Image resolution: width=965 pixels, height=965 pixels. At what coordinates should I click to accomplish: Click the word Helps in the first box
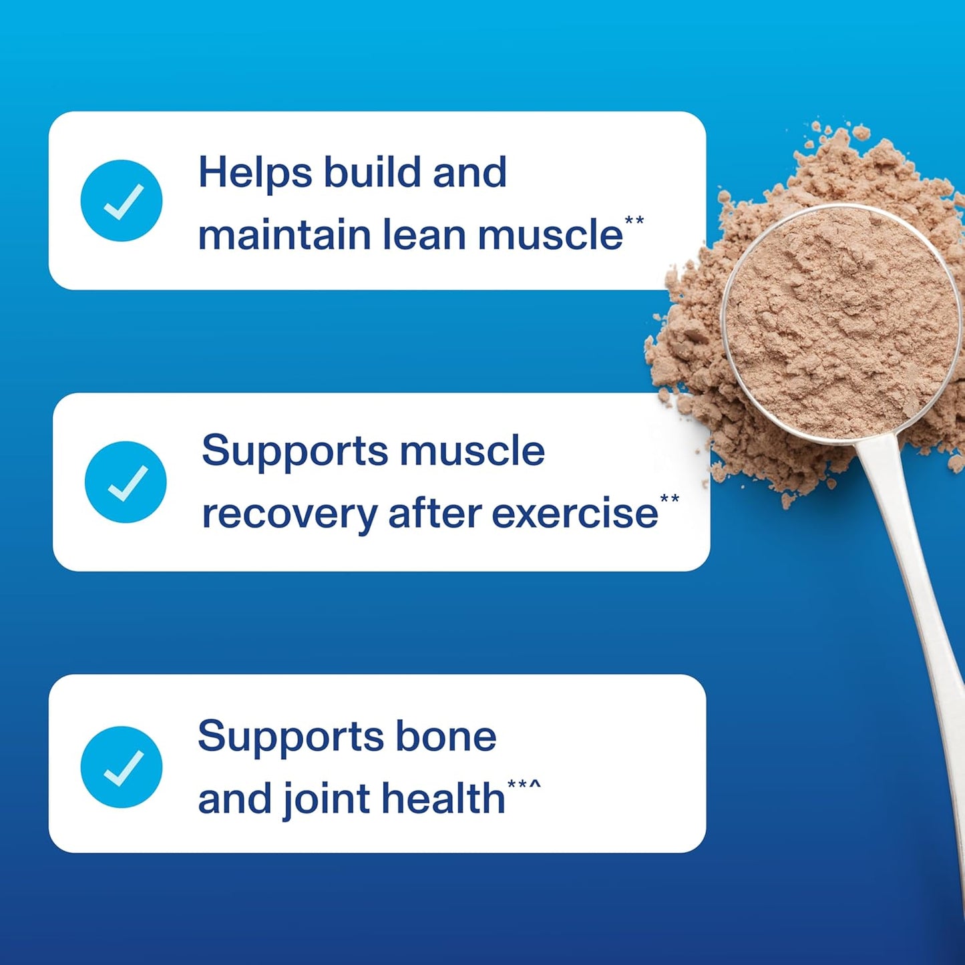pyautogui.click(x=255, y=173)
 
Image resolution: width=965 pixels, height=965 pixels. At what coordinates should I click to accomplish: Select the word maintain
pyautogui.click(x=284, y=235)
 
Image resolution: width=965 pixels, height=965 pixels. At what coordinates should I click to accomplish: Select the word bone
pyautogui.click(x=446, y=737)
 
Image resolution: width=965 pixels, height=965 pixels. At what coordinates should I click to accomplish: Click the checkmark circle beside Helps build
pyautogui.click(x=122, y=200)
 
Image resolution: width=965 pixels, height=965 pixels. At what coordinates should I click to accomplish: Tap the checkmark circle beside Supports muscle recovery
pyautogui.click(x=126, y=481)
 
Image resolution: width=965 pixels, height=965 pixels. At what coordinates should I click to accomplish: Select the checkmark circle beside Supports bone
pyautogui.click(x=122, y=767)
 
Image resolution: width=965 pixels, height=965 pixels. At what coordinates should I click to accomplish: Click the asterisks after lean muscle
pyautogui.click(x=634, y=220)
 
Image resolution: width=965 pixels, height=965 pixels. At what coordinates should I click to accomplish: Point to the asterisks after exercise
pyautogui.click(x=670, y=499)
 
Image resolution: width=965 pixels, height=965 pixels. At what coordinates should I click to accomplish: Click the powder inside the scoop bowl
pyautogui.click(x=841, y=321)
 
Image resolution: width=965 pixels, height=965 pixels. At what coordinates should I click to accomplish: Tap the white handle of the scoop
pyautogui.click(x=915, y=568)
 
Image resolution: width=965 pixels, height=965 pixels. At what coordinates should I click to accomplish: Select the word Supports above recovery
pyautogui.click(x=295, y=451)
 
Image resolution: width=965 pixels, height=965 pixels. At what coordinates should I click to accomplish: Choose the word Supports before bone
pyautogui.click(x=291, y=737)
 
